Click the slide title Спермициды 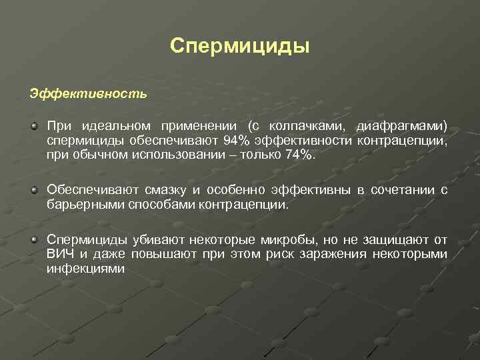240,46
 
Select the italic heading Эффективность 88,93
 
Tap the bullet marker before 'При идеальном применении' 33,125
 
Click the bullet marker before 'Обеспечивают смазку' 33,190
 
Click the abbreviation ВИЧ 61,253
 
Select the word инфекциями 86,268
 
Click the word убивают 159,239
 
